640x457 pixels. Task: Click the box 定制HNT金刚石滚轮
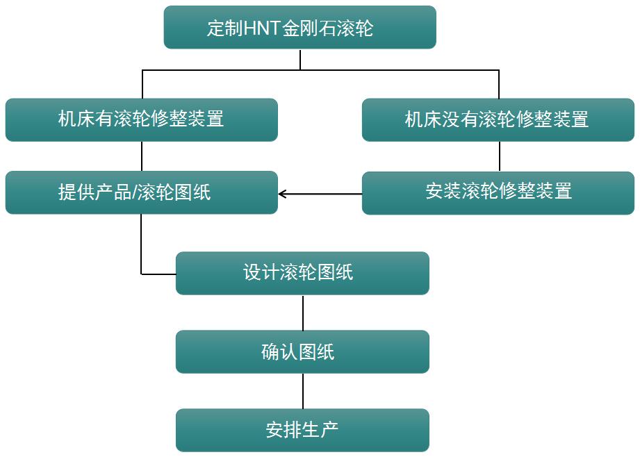pyautogui.click(x=300, y=28)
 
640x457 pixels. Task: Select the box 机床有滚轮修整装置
pyautogui.click(x=141, y=119)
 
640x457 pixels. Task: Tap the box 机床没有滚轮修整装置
pyautogui.click(x=498, y=119)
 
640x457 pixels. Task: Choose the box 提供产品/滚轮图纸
pyautogui.click(x=141, y=192)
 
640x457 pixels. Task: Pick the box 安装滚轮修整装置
pyautogui.click(x=498, y=192)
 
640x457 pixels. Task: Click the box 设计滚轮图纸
pyautogui.click(x=302, y=273)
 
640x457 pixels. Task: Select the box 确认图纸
pyautogui.click(x=302, y=352)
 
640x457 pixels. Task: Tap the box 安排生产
pyautogui.click(x=302, y=431)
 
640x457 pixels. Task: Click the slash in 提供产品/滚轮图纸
pyautogui.click(x=133, y=192)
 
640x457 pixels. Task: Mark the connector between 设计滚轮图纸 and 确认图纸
pyautogui.click(x=303, y=313)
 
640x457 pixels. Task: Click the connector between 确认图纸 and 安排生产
pyautogui.click(x=303, y=391)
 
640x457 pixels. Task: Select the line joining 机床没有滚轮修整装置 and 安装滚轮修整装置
pyautogui.click(x=499, y=156)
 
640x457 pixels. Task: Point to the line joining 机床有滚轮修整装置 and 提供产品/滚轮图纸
pyautogui.click(x=142, y=156)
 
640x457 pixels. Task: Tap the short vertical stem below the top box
pyautogui.click(x=300, y=60)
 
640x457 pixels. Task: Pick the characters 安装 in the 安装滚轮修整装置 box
pyautogui.click(x=443, y=191)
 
